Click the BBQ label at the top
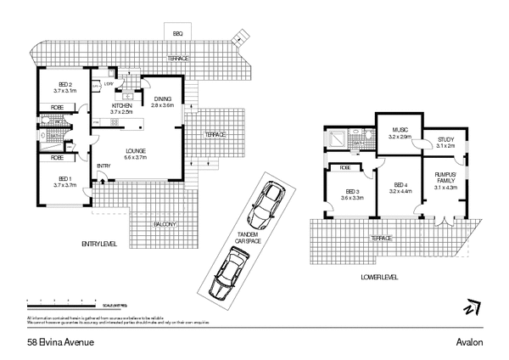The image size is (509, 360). point(178,32)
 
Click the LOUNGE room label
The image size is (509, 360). point(136,154)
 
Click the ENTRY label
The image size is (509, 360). point(104,166)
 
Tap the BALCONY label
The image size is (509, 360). point(165,223)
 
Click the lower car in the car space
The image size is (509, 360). point(225,278)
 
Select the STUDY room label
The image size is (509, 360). point(445,143)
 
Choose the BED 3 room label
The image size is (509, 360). point(352,194)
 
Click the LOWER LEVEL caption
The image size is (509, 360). point(379,277)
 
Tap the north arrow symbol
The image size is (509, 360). point(472,307)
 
